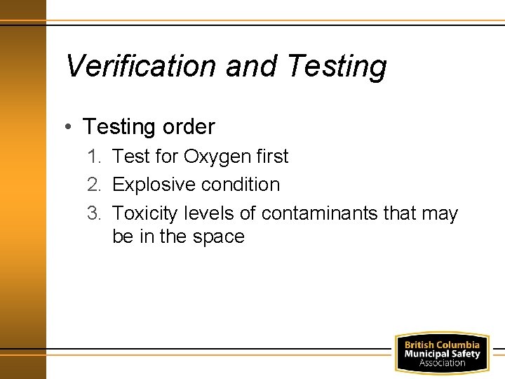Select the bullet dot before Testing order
click(66, 126)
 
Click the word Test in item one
click(131, 156)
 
